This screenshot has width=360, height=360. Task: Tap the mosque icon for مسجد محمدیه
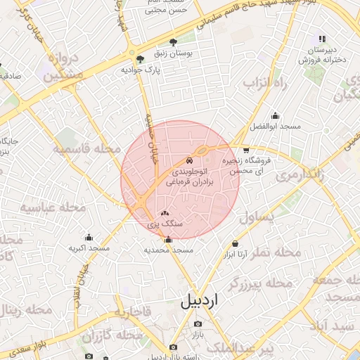click(x=167, y=240)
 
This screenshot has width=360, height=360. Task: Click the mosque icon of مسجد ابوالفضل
click(x=275, y=116)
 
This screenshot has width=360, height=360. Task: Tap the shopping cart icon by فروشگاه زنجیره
click(x=245, y=150)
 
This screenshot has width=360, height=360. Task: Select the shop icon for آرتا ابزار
click(x=235, y=244)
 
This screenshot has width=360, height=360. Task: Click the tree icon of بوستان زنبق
click(x=174, y=42)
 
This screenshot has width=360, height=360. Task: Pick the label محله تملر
click(x=274, y=251)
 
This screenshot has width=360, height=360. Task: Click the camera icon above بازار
click(x=198, y=324)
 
